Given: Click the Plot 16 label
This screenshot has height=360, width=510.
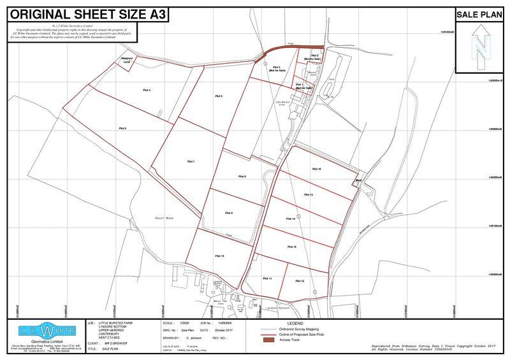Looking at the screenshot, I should [316, 169].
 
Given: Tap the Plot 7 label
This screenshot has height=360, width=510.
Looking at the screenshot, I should [191, 162].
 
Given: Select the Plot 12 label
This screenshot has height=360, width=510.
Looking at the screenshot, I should [299, 281].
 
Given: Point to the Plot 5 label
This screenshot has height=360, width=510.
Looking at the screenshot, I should [146, 90].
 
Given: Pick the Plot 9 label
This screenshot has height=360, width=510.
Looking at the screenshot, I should [228, 213].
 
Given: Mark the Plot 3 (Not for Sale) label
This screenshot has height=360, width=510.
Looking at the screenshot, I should [276, 69].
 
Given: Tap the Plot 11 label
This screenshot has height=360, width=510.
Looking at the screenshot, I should [267, 278].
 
